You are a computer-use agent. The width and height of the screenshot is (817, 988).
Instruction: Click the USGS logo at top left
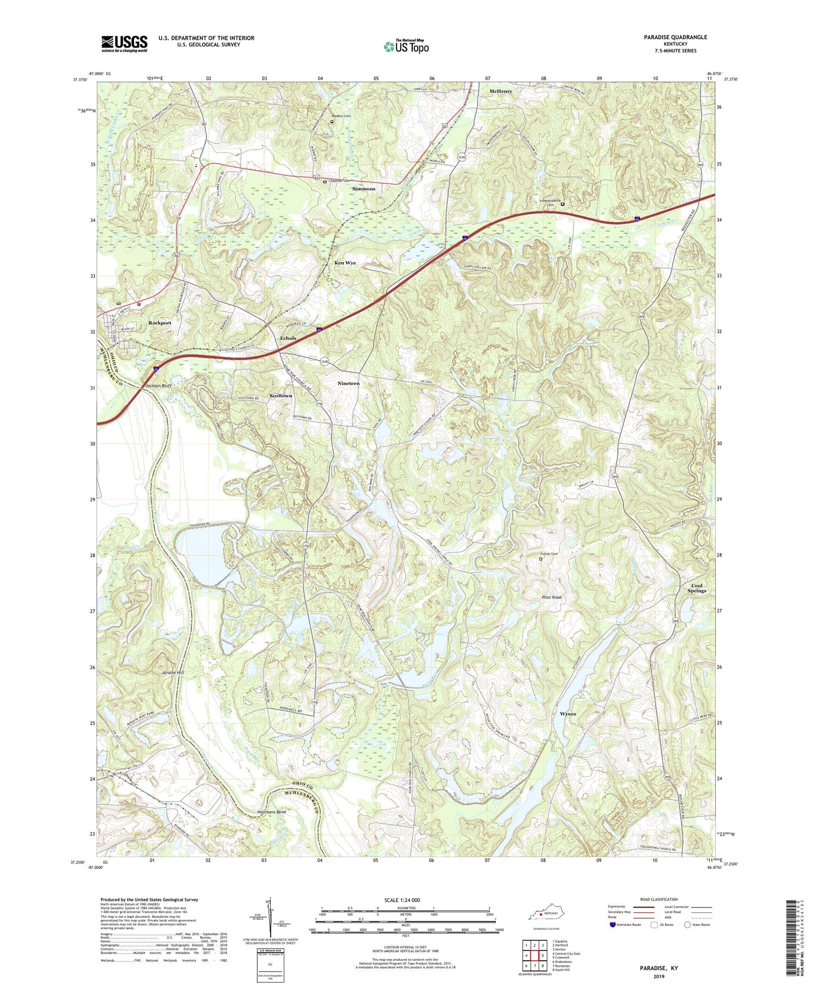124,43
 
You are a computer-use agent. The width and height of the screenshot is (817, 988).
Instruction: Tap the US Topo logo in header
406,47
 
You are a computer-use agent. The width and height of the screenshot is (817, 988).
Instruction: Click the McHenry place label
501,92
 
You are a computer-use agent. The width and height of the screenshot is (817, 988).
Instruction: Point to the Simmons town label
363,189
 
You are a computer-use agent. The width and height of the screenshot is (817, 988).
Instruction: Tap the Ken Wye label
345,263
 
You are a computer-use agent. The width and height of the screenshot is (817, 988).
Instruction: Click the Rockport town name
160,323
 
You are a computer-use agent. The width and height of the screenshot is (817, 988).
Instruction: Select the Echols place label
288,338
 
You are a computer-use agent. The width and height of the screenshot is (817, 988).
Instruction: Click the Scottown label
281,396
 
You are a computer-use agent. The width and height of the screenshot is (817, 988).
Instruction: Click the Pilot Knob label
551,597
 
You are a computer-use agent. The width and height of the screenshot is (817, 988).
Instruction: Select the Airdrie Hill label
173,672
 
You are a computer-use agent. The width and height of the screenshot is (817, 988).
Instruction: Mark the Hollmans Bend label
271,812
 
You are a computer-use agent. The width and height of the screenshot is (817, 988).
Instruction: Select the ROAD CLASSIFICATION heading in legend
659,899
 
